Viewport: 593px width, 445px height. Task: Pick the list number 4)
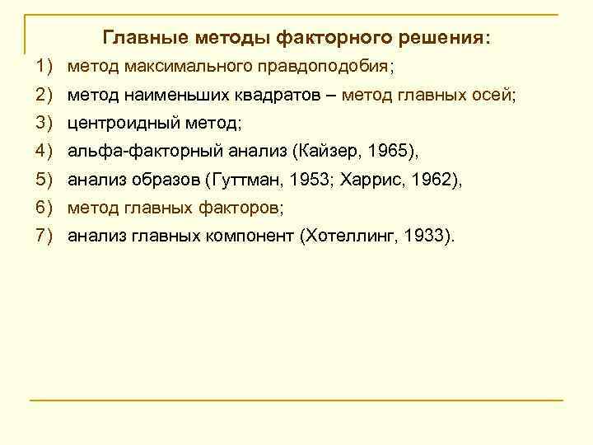tap(44, 152)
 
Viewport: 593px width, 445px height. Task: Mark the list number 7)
tap(44, 237)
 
